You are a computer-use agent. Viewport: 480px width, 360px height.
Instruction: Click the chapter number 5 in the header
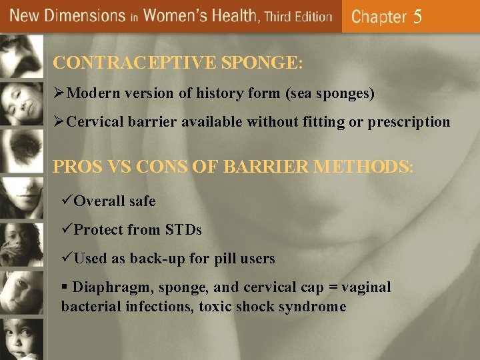click(x=418, y=17)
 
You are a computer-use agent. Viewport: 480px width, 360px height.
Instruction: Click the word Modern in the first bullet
click(x=91, y=94)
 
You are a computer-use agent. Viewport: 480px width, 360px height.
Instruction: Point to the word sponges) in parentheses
click(x=347, y=94)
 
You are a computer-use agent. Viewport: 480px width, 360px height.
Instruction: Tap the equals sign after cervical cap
click(x=331, y=287)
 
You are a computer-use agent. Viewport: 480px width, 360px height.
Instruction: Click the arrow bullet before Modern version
click(x=59, y=94)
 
